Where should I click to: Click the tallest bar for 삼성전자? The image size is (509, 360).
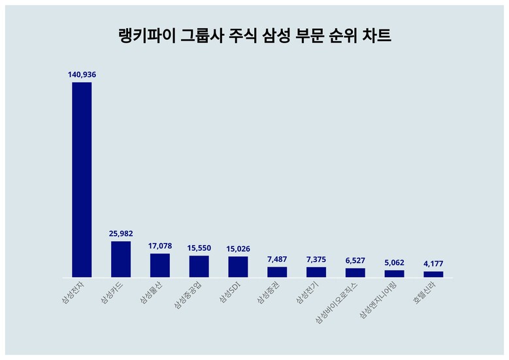pos(82,180)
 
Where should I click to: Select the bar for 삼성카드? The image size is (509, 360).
pos(121,259)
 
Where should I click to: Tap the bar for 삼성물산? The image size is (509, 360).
pos(160,265)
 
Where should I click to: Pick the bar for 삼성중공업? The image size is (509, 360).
pos(199,267)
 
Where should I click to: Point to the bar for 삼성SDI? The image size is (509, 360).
pos(238,267)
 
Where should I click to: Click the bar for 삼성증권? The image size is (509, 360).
pos(277,272)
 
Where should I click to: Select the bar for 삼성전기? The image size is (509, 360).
pos(316,272)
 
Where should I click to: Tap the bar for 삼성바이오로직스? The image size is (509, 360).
pos(355,272)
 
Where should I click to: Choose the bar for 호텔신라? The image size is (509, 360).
pos(433,274)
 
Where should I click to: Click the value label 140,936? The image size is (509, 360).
pos(82,74)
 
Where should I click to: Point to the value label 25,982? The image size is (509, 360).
pos(121,233)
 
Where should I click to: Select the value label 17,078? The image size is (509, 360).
pos(160,246)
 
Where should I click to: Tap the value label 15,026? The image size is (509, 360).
pos(238,248)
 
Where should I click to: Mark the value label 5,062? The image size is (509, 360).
pos(394,262)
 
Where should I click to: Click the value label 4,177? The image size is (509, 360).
pos(433,263)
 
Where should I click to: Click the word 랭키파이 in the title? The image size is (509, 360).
pos(144,36)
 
